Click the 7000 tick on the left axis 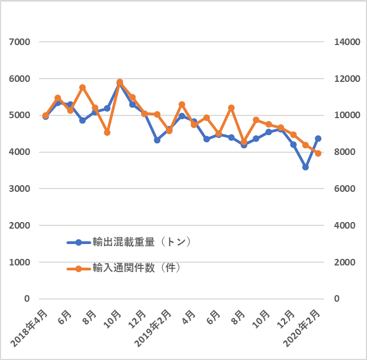click(20, 42)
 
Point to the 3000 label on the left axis click(20, 189)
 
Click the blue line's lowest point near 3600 click(305, 167)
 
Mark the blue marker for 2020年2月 click(318, 139)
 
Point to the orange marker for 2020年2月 click(318, 153)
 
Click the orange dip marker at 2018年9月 click(107, 132)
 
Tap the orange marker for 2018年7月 click(82, 87)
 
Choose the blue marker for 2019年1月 click(157, 140)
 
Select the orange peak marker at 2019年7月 click(231, 108)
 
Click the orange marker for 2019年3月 click(182, 104)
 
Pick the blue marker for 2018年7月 click(82, 120)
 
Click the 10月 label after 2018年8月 click(113, 319)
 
